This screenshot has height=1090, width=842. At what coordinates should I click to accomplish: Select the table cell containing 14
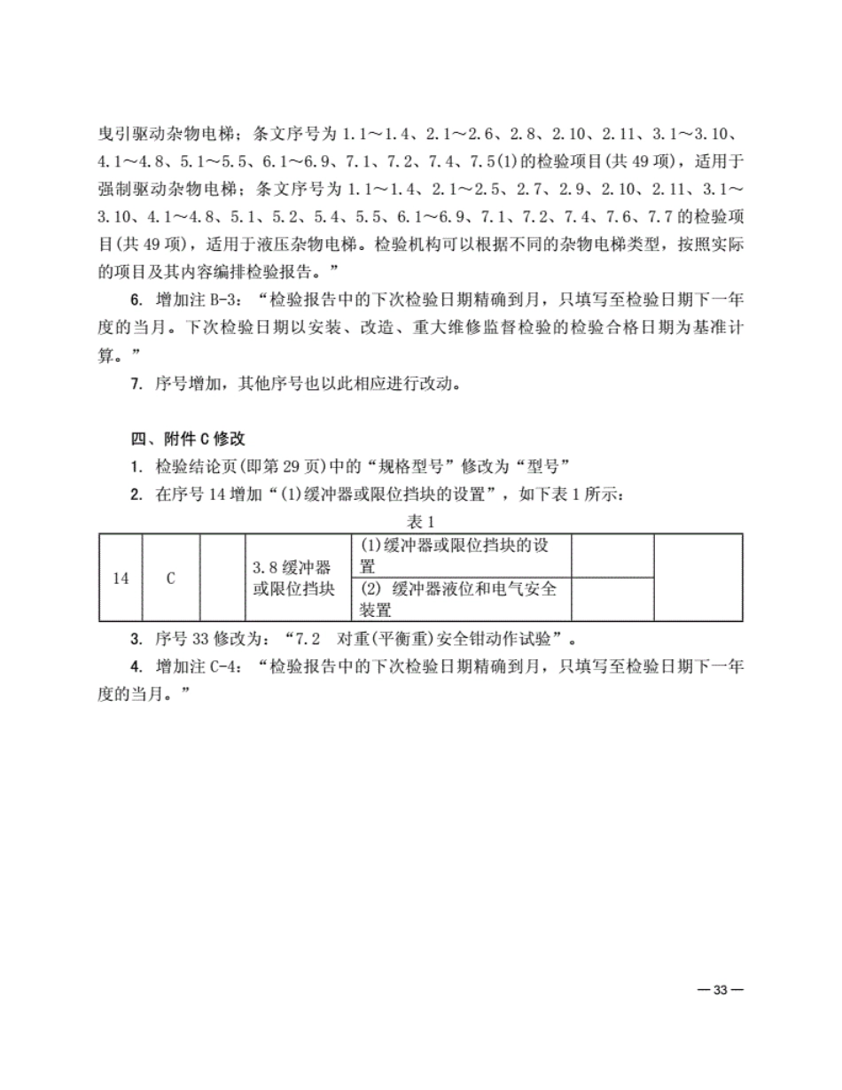(121, 578)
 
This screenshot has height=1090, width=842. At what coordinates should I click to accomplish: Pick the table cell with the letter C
(171, 578)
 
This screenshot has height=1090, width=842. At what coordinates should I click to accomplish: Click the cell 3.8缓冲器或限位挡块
(294, 578)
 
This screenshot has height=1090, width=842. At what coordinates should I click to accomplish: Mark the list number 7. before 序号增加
(136, 385)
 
